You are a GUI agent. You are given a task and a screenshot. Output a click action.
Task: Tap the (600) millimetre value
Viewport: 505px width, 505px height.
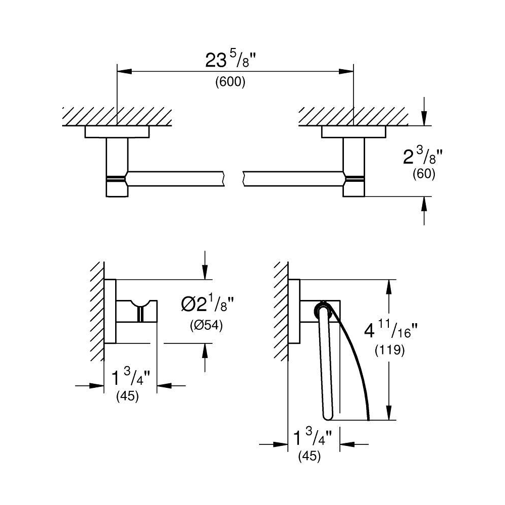[230, 82]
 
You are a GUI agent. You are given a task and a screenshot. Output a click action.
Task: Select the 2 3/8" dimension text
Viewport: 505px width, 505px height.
[423, 157]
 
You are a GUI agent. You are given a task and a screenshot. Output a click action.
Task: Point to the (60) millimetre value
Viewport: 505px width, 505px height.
[424, 174]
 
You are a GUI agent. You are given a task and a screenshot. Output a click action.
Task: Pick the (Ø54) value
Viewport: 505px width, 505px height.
[207, 325]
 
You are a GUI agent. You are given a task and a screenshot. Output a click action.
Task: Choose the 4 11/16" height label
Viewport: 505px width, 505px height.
[391, 331]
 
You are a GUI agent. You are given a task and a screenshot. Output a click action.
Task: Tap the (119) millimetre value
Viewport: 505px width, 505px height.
[390, 350]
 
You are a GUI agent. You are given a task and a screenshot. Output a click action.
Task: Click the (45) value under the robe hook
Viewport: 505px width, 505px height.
[128, 396]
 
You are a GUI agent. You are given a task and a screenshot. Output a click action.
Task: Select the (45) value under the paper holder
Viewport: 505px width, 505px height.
[310, 456]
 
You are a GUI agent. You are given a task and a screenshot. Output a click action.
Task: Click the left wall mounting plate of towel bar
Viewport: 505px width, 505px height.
[117, 132]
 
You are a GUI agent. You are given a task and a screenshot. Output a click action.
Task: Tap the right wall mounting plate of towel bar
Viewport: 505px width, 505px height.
[353, 132]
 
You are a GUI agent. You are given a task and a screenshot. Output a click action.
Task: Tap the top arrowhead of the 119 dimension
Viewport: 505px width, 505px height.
[389, 287]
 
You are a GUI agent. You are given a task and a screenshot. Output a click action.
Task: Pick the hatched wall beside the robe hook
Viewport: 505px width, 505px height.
[97, 311]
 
